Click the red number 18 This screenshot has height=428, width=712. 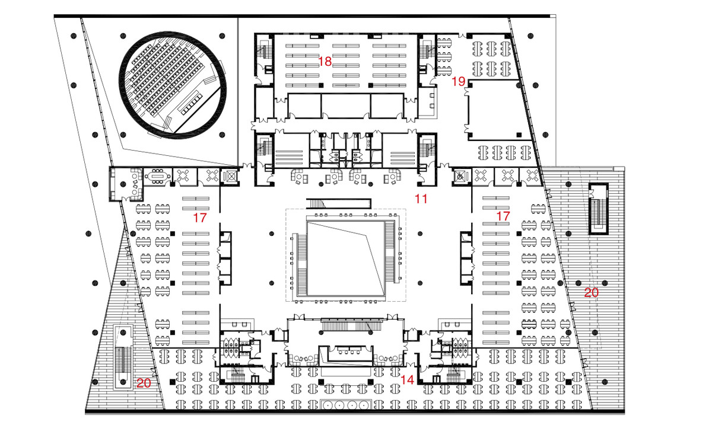click(325, 61)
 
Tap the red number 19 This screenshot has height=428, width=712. click(458, 82)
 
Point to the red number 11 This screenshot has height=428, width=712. click(421, 199)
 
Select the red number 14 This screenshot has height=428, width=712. click(407, 380)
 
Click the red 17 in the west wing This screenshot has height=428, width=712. click(200, 218)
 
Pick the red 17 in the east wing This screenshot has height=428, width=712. click(503, 216)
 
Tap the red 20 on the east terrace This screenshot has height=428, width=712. click(591, 293)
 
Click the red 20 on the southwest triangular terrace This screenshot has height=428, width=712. click(144, 383)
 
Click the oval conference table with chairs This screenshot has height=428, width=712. click(157, 176)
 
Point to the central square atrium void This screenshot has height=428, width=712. click(346, 259)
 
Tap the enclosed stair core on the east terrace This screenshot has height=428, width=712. click(599, 209)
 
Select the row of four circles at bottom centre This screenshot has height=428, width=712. click(346, 405)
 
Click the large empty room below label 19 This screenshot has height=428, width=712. click(494, 110)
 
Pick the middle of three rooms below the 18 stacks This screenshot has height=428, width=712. click(346, 106)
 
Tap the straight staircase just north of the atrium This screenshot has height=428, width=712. click(339, 203)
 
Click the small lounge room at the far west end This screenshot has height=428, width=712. click(126, 184)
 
